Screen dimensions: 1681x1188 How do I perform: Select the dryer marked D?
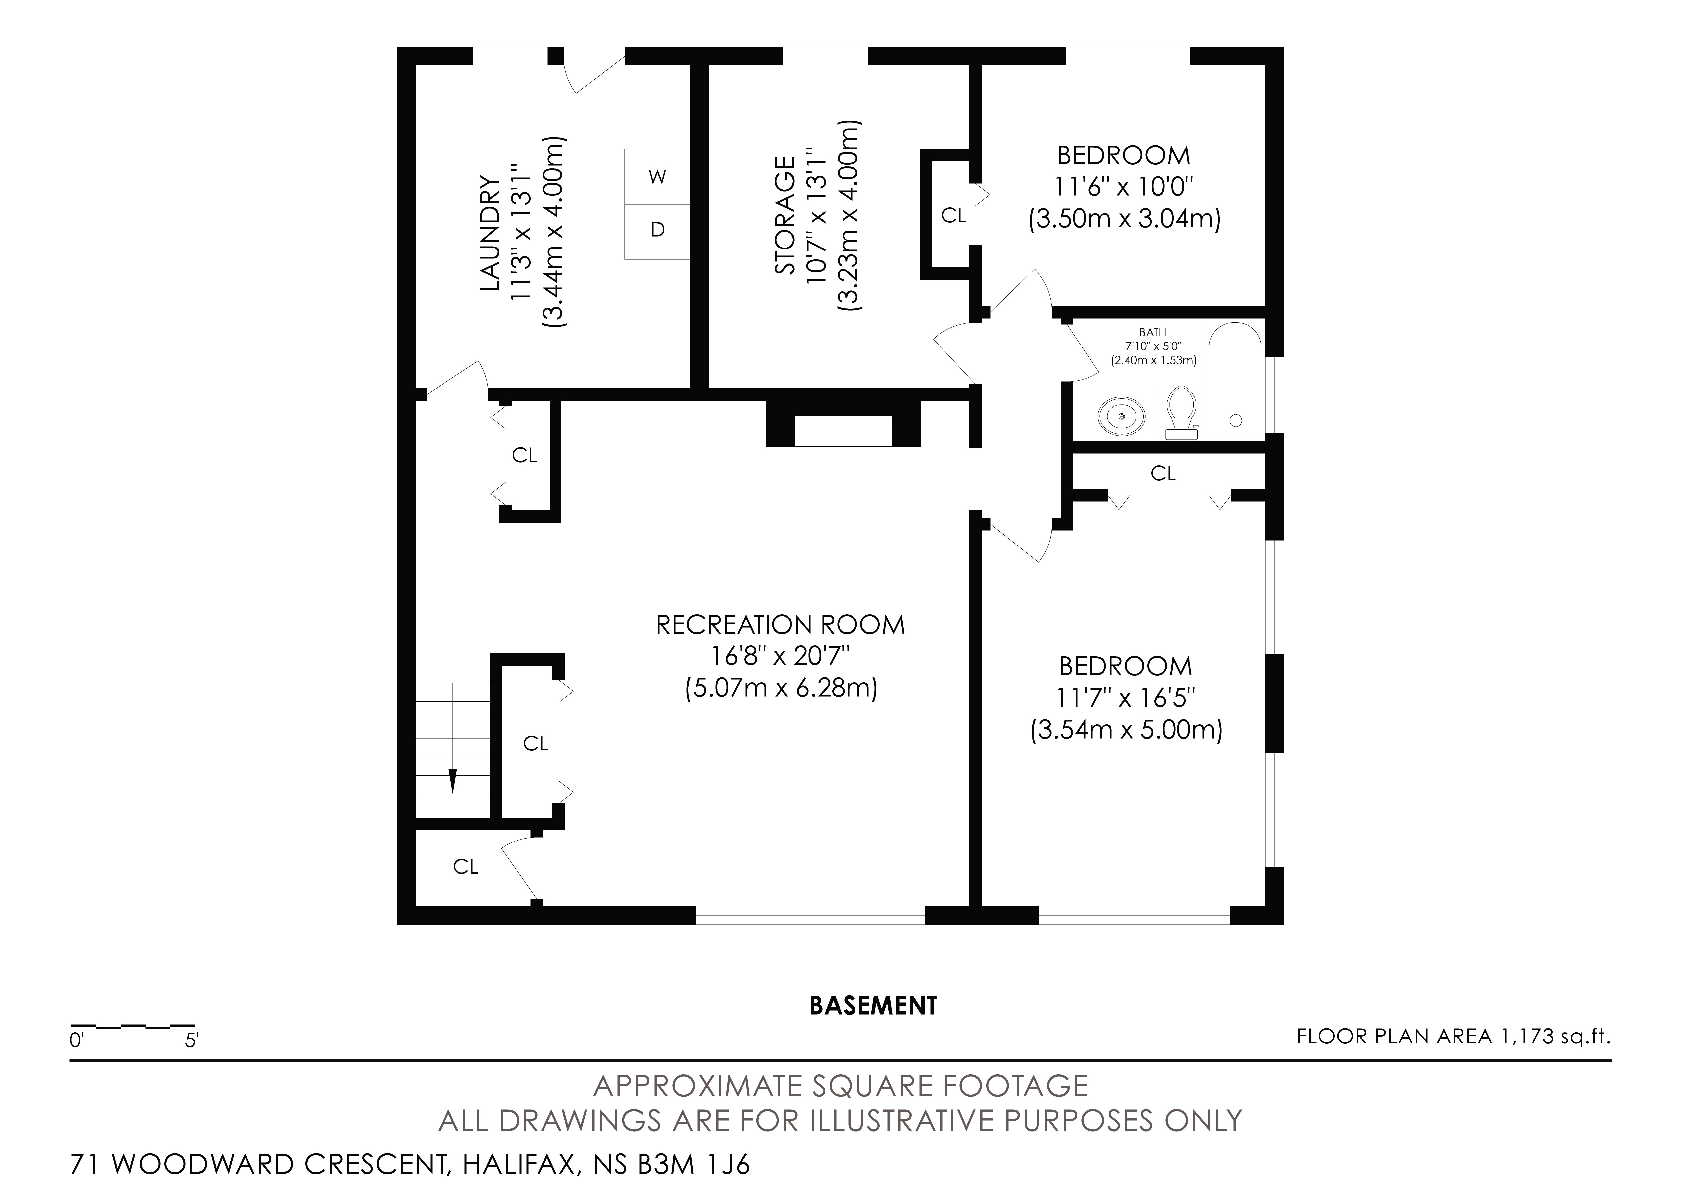point(657,231)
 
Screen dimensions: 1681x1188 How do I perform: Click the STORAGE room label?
point(785,216)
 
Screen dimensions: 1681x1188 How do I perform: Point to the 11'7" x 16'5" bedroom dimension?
point(1125,698)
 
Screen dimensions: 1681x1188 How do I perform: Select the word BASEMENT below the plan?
point(873,1006)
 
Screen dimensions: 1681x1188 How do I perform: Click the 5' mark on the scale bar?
point(192,1040)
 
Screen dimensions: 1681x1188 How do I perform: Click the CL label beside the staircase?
point(535,744)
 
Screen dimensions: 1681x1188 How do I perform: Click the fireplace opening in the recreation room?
point(843,431)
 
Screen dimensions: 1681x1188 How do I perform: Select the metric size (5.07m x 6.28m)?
point(781,689)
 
